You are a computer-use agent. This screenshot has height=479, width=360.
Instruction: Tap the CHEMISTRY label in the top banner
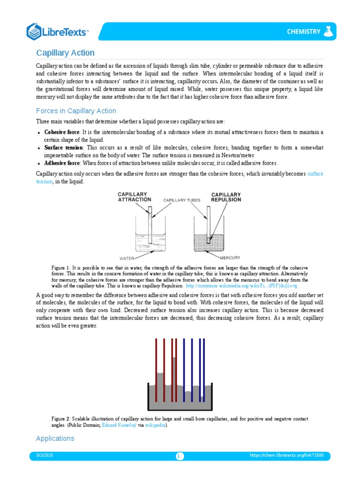tap(303, 32)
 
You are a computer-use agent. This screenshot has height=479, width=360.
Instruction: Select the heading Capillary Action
tap(66, 53)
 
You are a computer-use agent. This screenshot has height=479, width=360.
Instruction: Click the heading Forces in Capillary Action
tap(76, 111)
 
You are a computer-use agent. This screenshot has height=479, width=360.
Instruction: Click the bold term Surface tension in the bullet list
tap(63, 147)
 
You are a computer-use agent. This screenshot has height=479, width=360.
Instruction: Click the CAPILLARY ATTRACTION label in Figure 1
tap(132, 197)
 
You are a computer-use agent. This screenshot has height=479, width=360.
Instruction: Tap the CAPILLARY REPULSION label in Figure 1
tap(226, 197)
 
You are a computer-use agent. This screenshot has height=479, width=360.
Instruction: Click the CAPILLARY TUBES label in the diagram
tap(181, 200)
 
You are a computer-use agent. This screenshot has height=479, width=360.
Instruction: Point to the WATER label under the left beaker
tap(127, 258)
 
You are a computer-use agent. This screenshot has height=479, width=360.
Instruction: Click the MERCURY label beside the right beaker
tap(229, 257)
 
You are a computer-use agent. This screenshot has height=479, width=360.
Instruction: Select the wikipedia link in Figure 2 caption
tap(155, 425)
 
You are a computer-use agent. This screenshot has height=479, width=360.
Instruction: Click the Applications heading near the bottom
tap(55, 438)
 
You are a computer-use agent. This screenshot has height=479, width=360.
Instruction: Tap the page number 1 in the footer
tap(180, 456)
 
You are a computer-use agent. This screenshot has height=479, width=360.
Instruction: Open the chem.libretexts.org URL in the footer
tap(290, 455)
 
